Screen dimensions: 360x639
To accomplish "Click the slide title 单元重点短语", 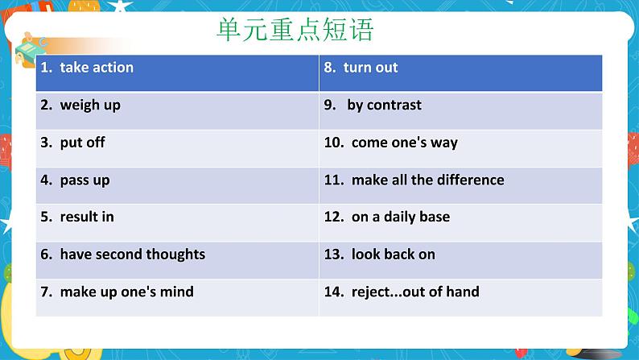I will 295,31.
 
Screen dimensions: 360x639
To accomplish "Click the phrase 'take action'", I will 97,68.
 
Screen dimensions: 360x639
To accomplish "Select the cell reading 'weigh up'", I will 90,105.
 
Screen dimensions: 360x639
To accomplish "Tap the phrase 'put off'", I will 82,143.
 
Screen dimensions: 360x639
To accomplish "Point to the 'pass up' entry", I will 85,180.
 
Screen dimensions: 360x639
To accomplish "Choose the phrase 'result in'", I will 87,217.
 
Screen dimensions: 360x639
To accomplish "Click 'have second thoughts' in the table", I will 132,254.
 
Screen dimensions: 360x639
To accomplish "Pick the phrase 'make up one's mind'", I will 126,292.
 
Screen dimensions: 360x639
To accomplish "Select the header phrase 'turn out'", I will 370,68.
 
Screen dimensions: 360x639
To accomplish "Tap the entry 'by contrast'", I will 384,105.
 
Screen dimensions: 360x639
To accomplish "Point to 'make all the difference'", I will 427,180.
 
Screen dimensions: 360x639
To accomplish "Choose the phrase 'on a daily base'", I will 400,217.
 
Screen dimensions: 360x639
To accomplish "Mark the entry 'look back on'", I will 393,254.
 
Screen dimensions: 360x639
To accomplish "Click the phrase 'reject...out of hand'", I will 415,292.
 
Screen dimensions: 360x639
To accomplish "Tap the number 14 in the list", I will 332,292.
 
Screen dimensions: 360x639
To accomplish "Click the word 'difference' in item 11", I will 470,180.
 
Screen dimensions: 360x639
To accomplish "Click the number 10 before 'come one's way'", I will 332,143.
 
